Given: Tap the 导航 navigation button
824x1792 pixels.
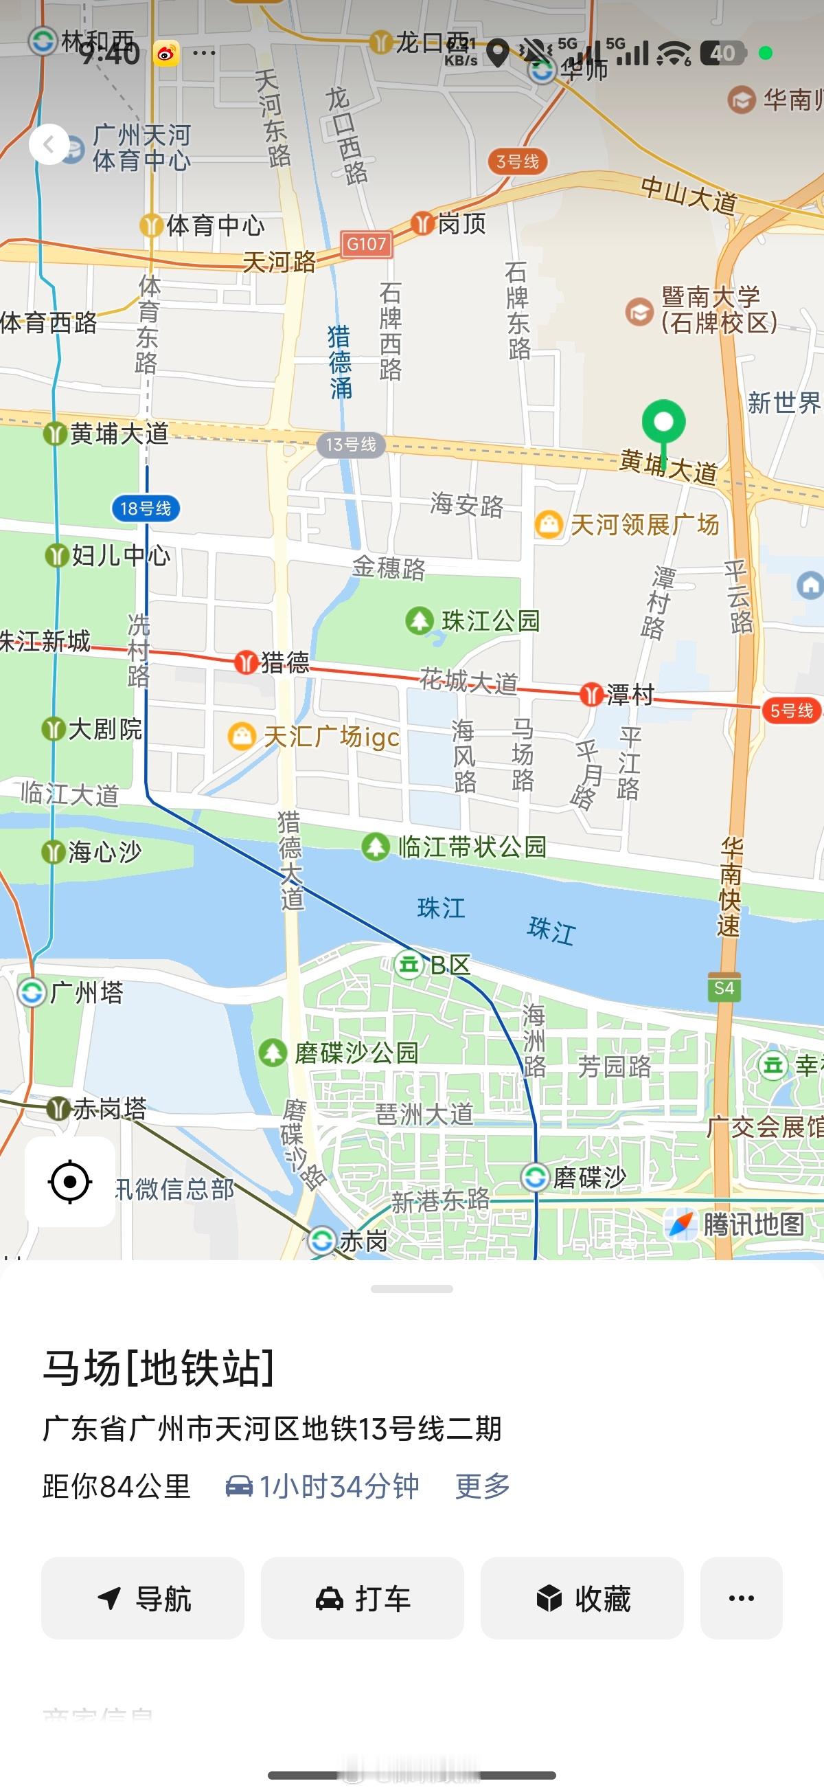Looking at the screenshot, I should (x=143, y=1598).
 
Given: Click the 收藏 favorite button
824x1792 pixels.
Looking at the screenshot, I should (x=582, y=1598).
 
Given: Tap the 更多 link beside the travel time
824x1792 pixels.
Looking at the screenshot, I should (x=483, y=1486).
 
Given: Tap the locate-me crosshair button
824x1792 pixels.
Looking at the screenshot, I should (x=70, y=1181).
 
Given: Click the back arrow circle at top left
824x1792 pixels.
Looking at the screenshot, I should (x=49, y=145).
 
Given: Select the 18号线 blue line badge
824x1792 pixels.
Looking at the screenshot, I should (x=146, y=508).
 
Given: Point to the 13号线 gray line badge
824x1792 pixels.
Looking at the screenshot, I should (x=350, y=445).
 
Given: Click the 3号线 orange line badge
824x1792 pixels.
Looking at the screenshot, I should (x=517, y=161).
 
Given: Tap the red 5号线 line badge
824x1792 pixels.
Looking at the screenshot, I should (x=791, y=710).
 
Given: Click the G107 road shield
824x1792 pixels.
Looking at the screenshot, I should (x=367, y=244).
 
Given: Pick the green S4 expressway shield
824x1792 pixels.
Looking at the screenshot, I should (x=724, y=988).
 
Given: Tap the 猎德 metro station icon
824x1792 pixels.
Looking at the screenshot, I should (x=245, y=662).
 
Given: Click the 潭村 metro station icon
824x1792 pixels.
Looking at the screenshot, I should (x=591, y=693).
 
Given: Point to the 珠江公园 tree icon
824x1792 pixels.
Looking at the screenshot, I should (x=420, y=620).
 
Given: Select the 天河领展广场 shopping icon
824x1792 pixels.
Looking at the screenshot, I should (x=548, y=524).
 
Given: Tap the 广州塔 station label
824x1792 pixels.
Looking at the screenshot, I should (x=87, y=992).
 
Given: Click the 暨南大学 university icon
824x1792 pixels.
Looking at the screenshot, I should (x=639, y=311).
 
